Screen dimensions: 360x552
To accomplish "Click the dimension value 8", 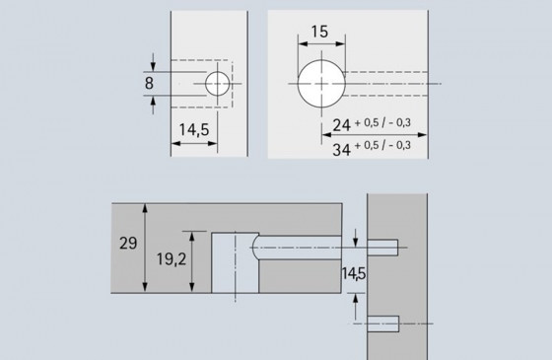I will coord(148,84).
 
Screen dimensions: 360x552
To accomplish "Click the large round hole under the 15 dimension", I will coord(321,82).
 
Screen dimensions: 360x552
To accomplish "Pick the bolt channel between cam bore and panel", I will coord(306,247).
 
